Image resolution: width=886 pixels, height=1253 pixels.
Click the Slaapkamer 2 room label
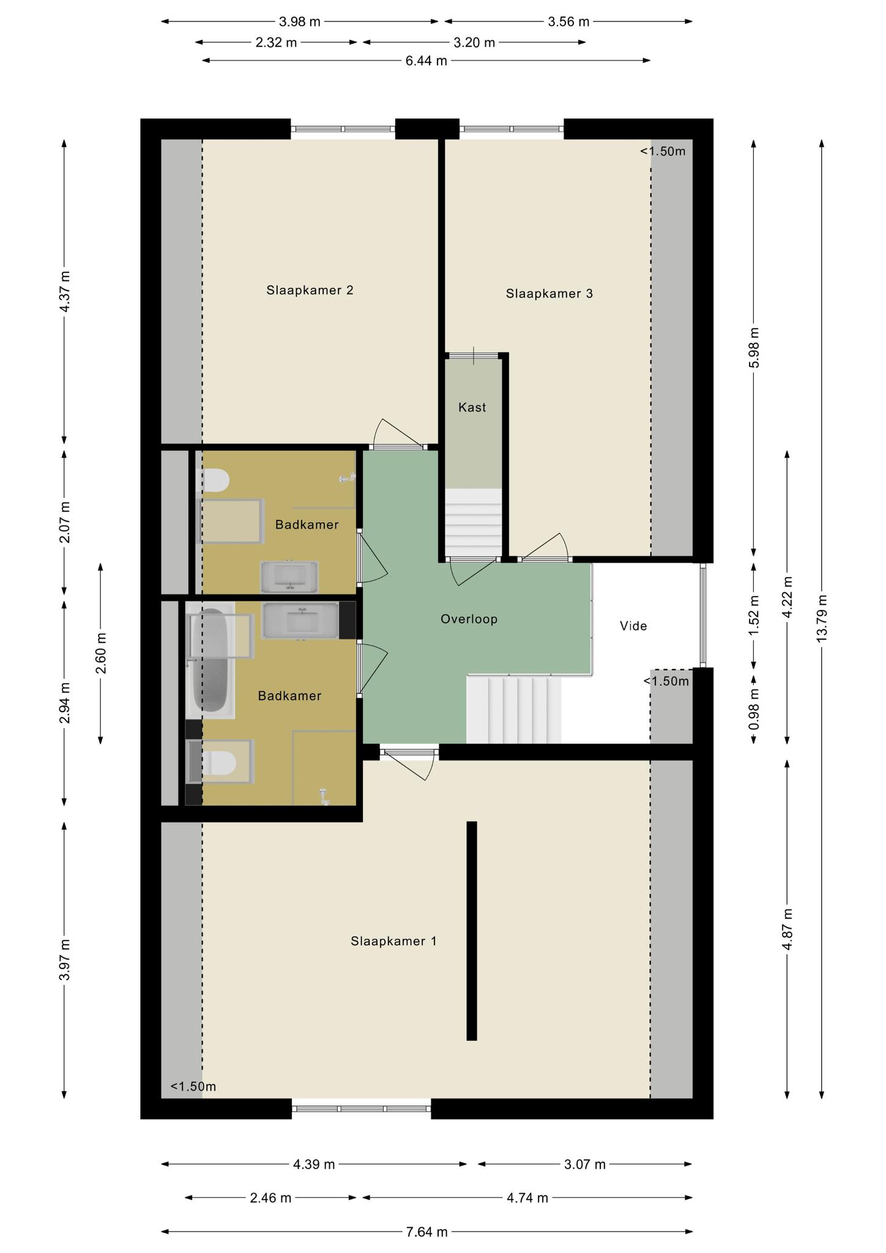[x=310, y=290]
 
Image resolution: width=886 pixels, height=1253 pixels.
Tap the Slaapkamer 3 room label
[x=549, y=294]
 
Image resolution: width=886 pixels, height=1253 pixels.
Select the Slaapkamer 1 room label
[x=393, y=941]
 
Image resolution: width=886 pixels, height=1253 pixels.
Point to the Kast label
[x=472, y=407]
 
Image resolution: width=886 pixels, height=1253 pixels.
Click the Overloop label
[x=469, y=619]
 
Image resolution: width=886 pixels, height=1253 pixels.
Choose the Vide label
[x=633, y=626]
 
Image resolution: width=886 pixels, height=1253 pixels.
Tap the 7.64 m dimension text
[x=427, y=1232]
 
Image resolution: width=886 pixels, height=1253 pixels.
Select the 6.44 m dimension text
[x=426, y=61]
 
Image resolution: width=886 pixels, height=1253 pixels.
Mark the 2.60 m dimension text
[x=101, y=653]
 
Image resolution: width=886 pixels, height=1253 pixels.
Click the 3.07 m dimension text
[x=585, y=1164]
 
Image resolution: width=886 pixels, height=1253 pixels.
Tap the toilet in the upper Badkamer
[x=215, y=480]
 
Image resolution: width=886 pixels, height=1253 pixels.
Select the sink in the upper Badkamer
[x=289, y=577]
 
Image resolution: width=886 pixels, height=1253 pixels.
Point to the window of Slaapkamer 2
[x=343, y=129]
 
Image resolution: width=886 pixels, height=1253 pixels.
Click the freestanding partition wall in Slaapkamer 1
[x=472, y=931]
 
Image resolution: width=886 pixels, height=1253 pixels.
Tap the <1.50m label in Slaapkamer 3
[x=663, y=151]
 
